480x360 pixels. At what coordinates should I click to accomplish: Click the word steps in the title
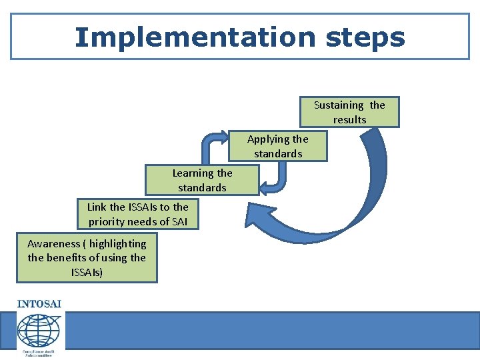(365, 37)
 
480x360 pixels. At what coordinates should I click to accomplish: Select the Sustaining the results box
(349, 112)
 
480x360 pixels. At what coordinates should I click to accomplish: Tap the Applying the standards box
(278, 146)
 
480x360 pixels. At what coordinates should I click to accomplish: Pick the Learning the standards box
(202, 180)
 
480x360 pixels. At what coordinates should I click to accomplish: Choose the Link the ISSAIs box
(138, 214)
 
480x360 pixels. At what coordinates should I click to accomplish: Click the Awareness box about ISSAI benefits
(87, 258)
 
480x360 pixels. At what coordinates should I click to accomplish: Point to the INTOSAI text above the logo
(39, 304)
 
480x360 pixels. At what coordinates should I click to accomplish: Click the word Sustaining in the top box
(339, 105)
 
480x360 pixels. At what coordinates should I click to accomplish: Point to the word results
(350, 120)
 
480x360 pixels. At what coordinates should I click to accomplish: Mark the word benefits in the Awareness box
(73, 258)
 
